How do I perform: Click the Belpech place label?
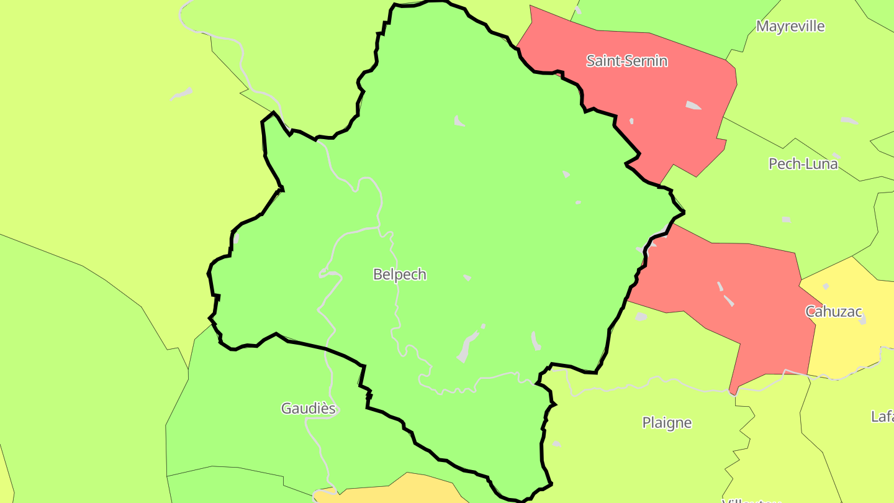(400, 274)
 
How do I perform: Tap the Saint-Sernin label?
(627, 61)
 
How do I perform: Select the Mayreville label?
(790, 26)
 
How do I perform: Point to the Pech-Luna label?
(803, 164)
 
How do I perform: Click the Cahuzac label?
(834, 311)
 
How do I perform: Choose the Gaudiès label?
(309, 409)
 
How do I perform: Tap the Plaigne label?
(667, 423)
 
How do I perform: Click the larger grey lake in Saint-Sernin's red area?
(693, 106)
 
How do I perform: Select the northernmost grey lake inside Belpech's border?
(458, 121)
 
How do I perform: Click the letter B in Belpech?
(377, 274)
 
